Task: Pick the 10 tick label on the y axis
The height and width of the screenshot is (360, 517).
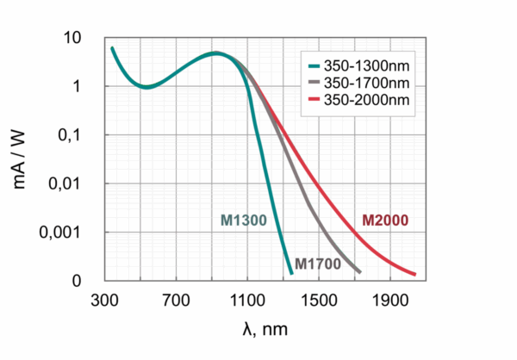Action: tap(72, 38)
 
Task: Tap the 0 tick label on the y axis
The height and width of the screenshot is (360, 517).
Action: tap(77, 281)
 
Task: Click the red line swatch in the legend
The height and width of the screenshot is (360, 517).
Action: tap(315, 102)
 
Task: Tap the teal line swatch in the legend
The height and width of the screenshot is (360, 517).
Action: tap(315, 65)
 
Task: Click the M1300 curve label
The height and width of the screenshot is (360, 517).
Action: tap(243, 220)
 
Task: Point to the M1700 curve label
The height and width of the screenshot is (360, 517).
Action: tap(317, 264)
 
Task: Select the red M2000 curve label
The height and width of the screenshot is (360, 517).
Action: tap(385, 220)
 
